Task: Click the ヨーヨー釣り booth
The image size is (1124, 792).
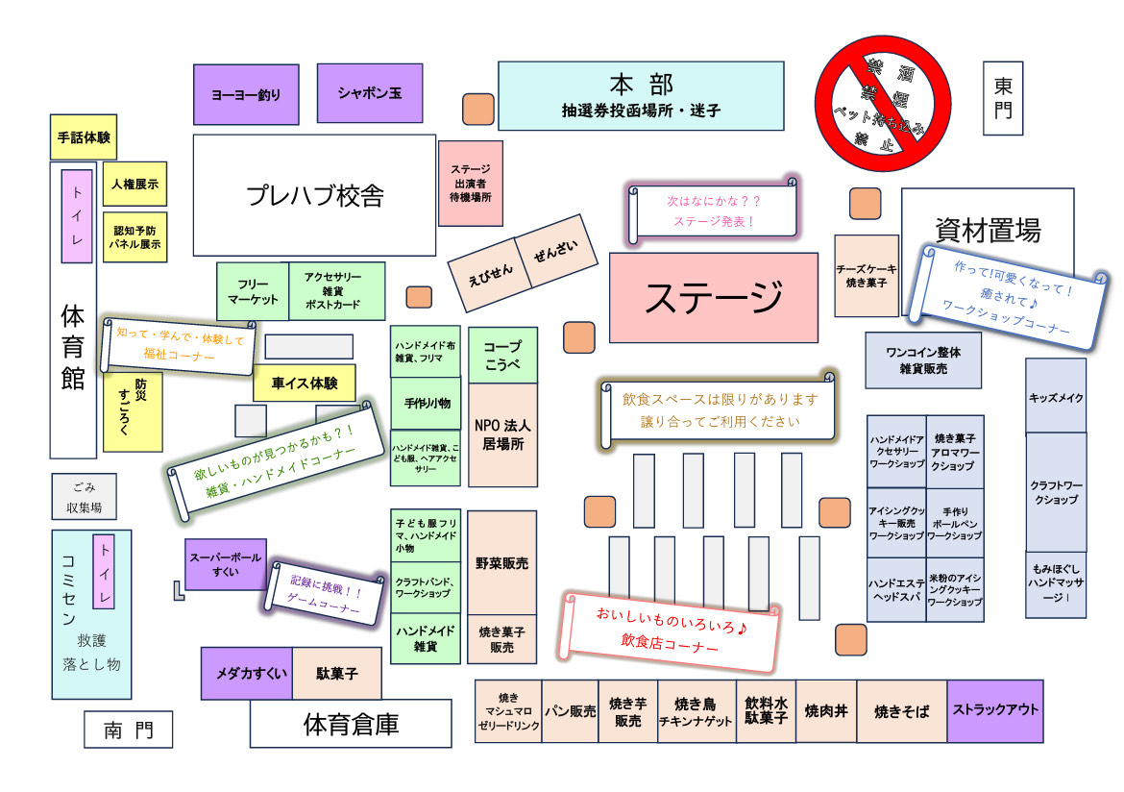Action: (x=246, y=94)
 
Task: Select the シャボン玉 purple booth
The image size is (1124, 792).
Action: (x=370, y=93)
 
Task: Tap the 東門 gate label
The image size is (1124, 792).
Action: (x=1003, y=97)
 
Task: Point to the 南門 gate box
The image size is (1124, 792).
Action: (x=128, y=730)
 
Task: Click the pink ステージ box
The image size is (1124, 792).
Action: (x=713, y=297)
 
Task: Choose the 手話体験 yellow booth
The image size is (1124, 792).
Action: (x=84, y=137)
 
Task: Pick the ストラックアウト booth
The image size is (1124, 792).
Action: (x=995, y=711)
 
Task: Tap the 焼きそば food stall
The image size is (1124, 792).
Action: (x=901, y=712)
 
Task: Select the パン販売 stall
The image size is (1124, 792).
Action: (x=571, y=712)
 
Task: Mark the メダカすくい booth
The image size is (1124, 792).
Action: (x=246, y=674)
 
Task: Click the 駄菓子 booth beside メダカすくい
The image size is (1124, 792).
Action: (x=336, y=674)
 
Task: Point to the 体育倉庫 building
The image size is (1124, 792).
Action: (x=351, y=724)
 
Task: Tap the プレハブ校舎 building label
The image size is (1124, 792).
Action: (x=315, y=195)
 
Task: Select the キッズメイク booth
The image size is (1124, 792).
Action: (x=1056, y=396)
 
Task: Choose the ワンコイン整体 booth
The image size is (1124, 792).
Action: (x=923, y=359)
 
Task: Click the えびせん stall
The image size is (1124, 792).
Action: (x=491, y=273)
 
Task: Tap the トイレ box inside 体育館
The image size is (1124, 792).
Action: (x=77, y=216)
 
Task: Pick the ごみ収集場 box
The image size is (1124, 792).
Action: (x=85, y=497)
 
